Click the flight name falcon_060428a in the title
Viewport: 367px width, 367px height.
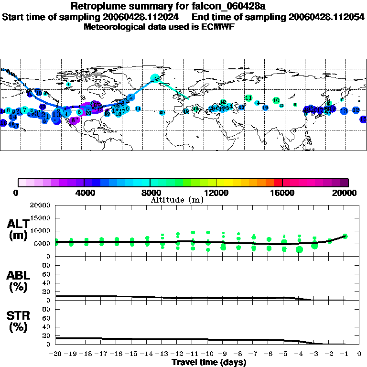point(225,6)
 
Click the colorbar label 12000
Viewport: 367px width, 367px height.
point(216,193)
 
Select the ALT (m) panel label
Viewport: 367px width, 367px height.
point(18,229)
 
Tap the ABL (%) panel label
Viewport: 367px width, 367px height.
point(18,281)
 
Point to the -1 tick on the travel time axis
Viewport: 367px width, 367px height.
point(345,354)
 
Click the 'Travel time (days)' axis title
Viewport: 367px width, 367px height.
point(209,362)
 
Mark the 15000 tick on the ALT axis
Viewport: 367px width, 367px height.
point(41,218)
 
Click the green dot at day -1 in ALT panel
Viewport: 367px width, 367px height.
point(345,236)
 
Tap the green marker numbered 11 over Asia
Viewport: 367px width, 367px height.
point(248,98)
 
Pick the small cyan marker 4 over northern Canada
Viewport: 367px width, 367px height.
point(68,84)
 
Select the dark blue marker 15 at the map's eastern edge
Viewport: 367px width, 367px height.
point(364,119)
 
